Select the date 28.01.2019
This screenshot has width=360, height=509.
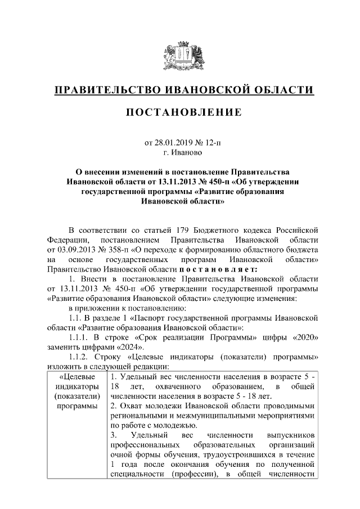tap(172, 143)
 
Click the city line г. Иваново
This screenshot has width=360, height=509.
tap(179, 152)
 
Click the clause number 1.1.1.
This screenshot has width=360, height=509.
tap(78, 337)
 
